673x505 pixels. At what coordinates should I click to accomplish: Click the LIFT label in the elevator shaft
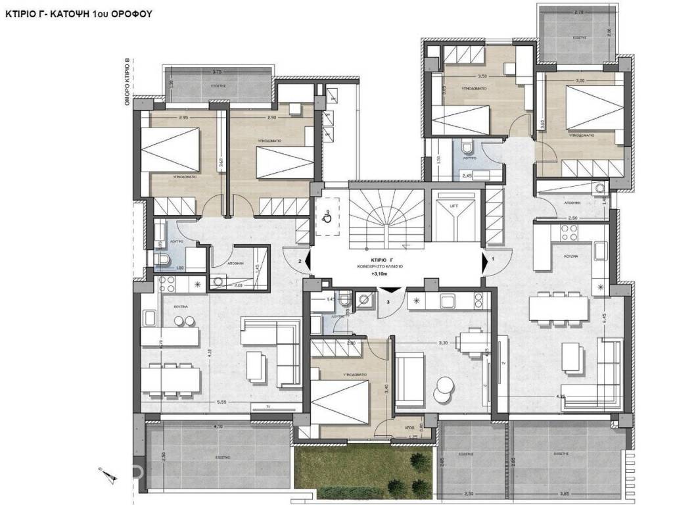(453, 206)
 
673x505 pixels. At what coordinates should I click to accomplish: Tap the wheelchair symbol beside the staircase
(327, 214)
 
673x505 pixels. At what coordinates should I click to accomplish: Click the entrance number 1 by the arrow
(492, 260)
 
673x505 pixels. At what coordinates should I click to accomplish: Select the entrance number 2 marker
(300, 262)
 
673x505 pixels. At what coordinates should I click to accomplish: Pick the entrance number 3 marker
(388, 302)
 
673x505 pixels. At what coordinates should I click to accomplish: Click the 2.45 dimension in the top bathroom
(467, 176)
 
